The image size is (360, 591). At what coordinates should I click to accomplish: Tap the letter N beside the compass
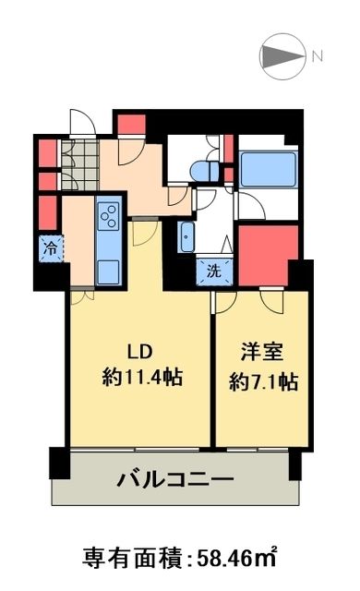[318, 55]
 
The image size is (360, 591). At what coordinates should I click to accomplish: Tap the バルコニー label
[175, 479]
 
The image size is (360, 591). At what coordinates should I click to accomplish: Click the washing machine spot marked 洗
[212, 271]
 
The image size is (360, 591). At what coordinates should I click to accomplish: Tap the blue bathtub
[267, 170]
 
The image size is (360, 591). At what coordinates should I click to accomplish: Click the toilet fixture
[203, 171]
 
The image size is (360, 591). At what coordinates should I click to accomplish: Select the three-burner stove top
[108, 216]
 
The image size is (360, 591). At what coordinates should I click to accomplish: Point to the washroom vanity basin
[186, 237]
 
